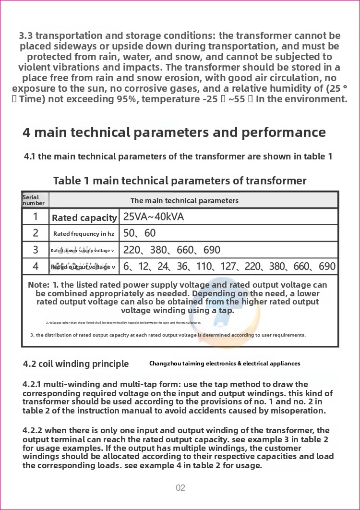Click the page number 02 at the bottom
pyautogui.click(x=180, y=488)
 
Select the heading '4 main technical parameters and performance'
pyautogui.click(x=174, y=133)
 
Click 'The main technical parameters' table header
pyautogui.click(x=184, y=201)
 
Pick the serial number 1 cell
pyautogui.click(x=36, y=217)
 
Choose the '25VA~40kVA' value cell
pyautogui.click(x=154, y=217)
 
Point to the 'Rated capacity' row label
pyautogui.click(x=84, y=218)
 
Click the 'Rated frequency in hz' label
pyautogui.click(x=84, y=234)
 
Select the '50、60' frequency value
pyautogui.click(x=140, y=233)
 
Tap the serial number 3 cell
pyautogui.click(x=36, y=250)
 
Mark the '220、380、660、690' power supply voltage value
pyautogui.click(x=172, y=250)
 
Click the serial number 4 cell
pyautogui.click(x=36, y=266)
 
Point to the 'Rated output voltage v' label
pyautogui.click(x=84, y=267)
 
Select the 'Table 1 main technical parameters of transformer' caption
pyautogui.click(x=180, y=181)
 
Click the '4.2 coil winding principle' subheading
pyautogui.click(x=76, y=364)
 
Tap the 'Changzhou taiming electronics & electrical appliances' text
pyautogui.click(x=225, y=364)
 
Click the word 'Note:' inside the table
pyautogui.click(x=38, y=285)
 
